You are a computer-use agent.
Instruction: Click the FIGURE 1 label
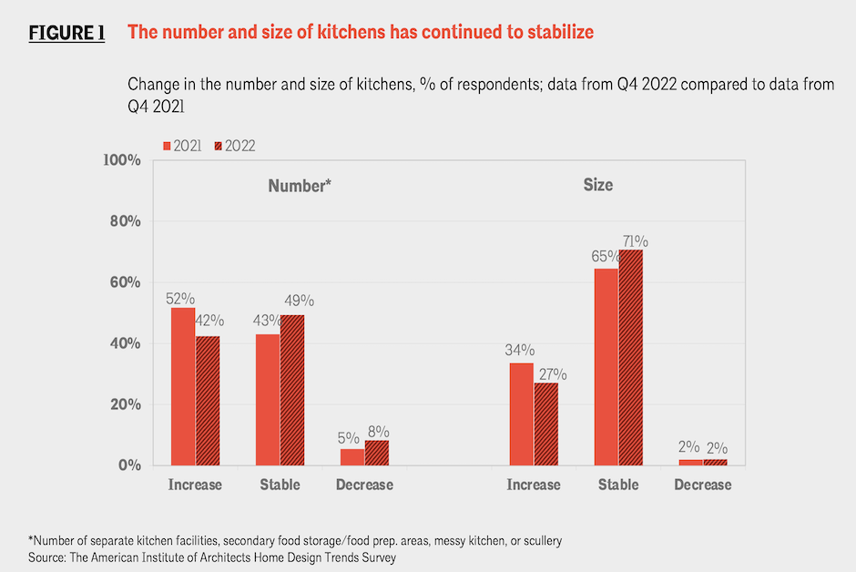66,33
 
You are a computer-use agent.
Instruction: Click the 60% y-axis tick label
124,282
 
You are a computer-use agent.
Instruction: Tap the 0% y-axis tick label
128,465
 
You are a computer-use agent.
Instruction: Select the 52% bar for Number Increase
182,386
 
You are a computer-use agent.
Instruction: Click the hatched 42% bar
207,401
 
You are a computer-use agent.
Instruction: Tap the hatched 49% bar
292,391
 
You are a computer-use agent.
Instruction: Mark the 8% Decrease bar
377,453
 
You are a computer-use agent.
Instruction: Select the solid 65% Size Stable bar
606,366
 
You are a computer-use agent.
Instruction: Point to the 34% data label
520,351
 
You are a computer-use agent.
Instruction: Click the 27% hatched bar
546,424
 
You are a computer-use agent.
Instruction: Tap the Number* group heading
299,186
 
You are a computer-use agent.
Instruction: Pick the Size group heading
598,185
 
